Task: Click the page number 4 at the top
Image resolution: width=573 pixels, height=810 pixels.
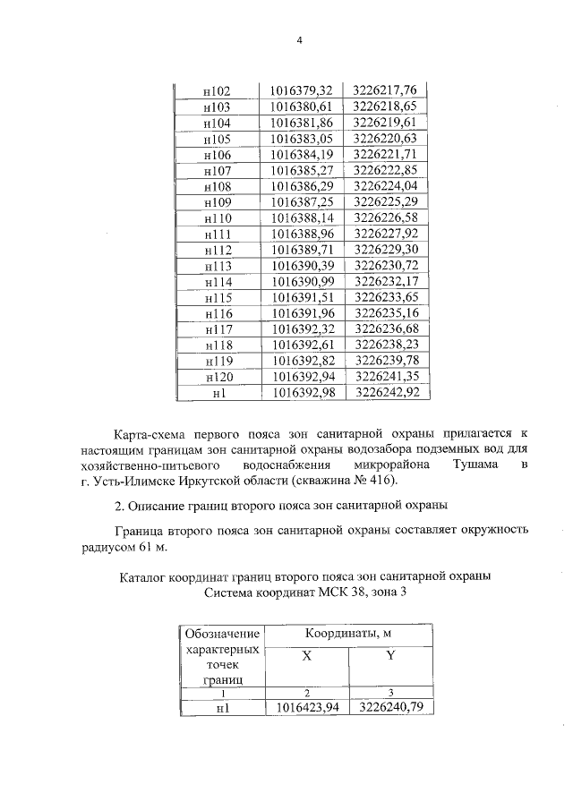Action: coord(301,40)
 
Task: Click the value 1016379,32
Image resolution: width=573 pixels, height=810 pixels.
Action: coord(301,90)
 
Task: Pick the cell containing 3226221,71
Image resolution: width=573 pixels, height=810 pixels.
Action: coord(386,154)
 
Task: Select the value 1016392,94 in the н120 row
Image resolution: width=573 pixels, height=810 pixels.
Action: coord(301,377)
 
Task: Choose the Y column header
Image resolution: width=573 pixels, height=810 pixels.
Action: coord(389,656)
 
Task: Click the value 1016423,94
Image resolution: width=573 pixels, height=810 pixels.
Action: coord(306,707)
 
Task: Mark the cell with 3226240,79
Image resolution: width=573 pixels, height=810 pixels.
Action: coord(389,707)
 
